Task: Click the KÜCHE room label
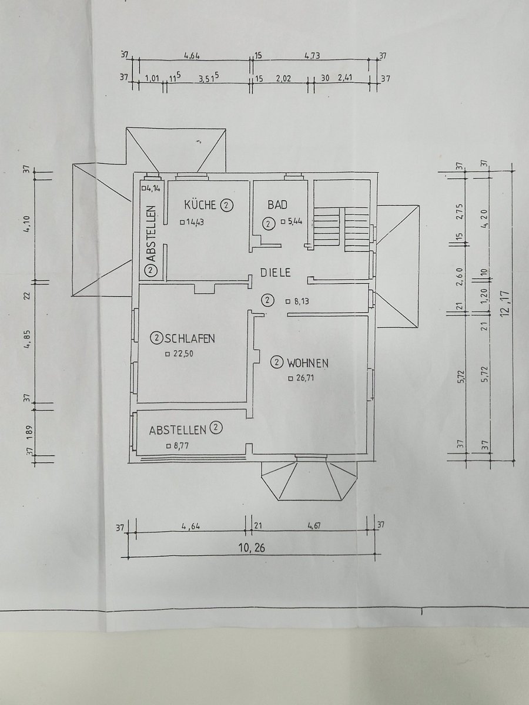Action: (200, 205)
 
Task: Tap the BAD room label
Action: (277, 204)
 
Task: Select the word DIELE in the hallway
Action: (275, 273)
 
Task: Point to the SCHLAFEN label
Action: (189, 338)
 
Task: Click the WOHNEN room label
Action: (307, 363)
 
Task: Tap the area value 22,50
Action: (183, 354)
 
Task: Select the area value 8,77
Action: (180, 446)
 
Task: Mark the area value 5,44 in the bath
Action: (295, 221)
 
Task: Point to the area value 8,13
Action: (302, 301)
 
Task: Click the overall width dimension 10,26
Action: (252, 548)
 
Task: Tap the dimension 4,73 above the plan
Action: (312, 56)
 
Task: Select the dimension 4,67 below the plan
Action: (314, 526)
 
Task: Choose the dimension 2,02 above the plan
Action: (283, 78)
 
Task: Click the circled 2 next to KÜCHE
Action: (226, 205)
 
